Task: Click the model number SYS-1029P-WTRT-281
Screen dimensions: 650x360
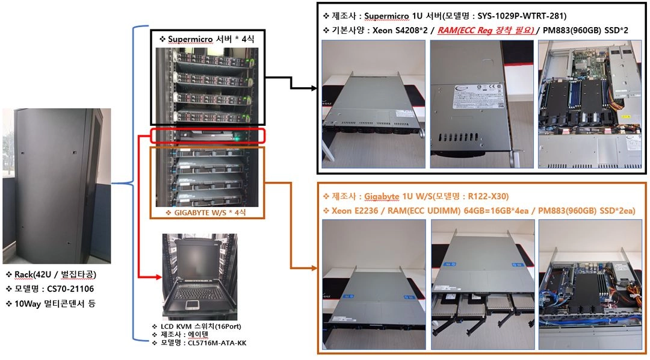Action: (521, 16)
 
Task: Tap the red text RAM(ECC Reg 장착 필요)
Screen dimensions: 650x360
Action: (486, 30)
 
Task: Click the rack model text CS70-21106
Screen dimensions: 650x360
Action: (70, 289)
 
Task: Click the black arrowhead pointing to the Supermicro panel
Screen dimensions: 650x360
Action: (314, 88)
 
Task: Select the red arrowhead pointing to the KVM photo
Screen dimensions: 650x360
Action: (158, 277)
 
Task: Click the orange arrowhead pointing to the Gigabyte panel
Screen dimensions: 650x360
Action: (314, 268)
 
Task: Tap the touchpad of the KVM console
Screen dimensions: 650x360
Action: (192, 305)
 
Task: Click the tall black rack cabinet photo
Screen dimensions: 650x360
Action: (57, 186)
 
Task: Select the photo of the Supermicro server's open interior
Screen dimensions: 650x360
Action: (590, 104)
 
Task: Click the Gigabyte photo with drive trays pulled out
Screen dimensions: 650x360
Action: (483, 285)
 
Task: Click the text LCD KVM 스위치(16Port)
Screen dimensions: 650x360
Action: (200, 326)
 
